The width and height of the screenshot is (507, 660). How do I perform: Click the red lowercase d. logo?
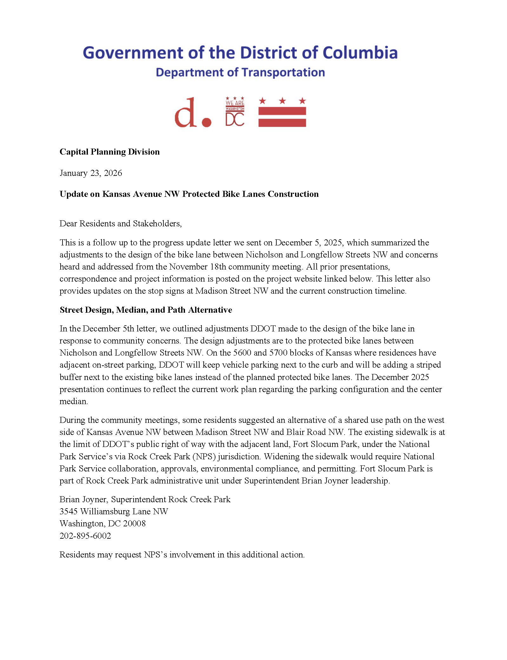192,113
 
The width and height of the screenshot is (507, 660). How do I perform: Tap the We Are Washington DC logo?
235,111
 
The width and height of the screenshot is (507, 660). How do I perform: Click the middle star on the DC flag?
282,101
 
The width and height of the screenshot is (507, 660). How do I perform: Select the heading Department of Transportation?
240,72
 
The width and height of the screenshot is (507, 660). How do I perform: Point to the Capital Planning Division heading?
109,152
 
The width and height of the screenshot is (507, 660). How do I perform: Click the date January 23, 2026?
91,173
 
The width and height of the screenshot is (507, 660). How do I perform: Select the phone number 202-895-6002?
85,536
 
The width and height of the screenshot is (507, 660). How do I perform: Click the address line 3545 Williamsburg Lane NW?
114,511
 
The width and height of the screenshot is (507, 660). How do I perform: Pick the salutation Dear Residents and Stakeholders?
121,223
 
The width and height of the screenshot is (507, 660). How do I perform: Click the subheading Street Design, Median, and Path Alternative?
146,310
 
